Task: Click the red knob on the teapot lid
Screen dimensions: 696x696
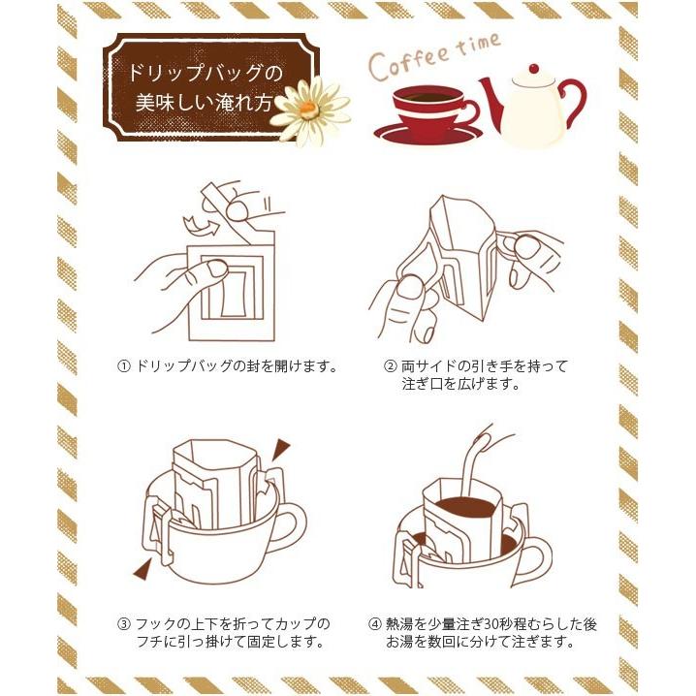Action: click(534, 69)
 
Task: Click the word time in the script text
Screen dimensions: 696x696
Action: click(478, 45)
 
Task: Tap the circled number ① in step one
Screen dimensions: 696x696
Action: click(123, 366)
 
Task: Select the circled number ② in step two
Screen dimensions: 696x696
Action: click(390, 366)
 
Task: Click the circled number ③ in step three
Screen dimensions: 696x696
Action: click(123, 624)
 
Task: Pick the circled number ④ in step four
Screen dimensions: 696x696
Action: click(375, 624)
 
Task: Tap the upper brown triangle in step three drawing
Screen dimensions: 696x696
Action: click(280, 448)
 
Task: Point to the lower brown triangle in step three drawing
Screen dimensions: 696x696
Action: click(142, 569)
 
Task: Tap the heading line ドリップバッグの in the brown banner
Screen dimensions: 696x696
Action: click(206, 73)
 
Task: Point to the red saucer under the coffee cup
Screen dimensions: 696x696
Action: click(428, 133)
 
